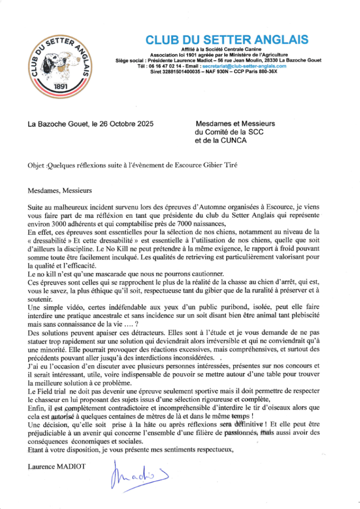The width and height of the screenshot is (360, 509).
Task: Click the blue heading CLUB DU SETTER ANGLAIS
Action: [227, 40]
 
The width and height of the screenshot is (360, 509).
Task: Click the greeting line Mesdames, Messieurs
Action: [60, 189]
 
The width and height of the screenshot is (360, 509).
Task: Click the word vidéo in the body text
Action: [73, 308]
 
